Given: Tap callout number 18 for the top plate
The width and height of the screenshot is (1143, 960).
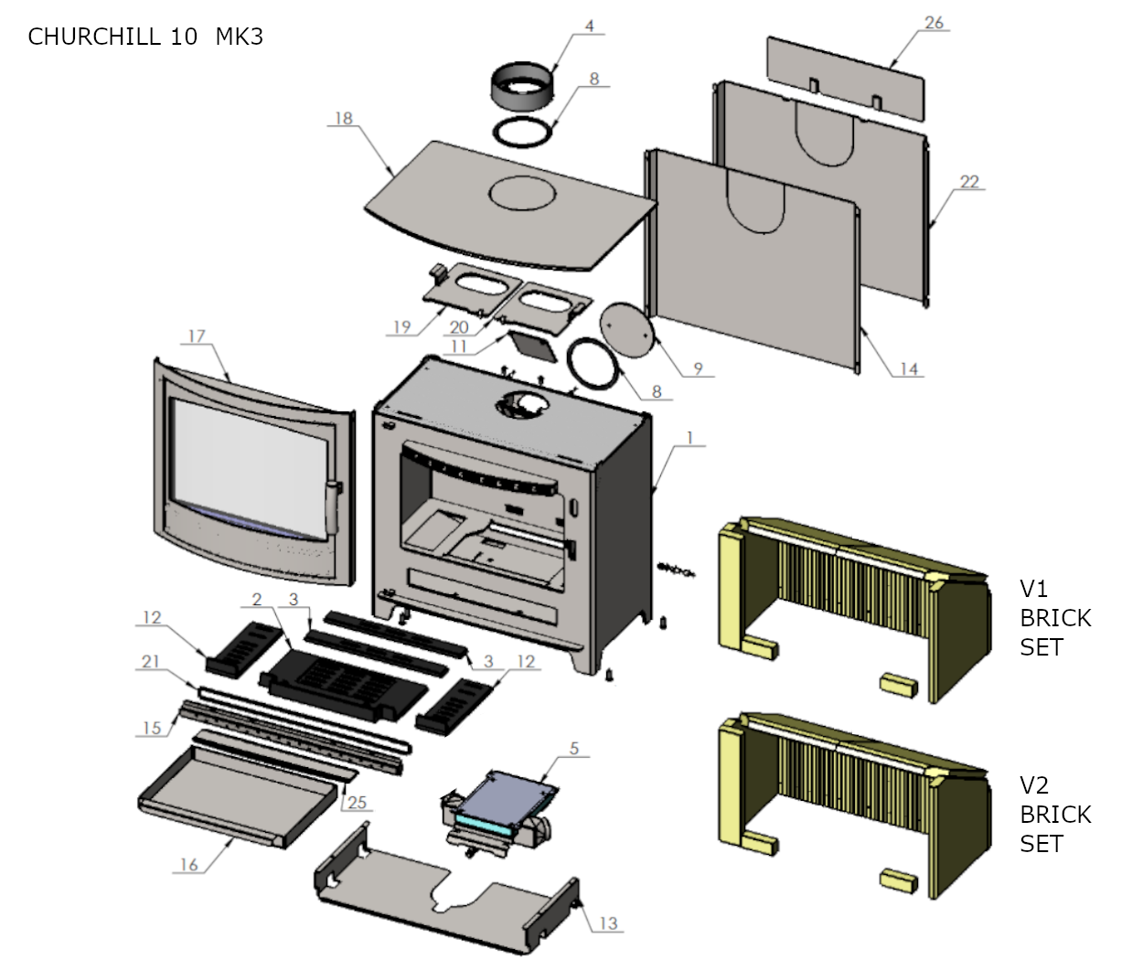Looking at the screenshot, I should tap(344, 118).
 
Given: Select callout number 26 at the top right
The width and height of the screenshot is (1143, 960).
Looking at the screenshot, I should tap(934, 23).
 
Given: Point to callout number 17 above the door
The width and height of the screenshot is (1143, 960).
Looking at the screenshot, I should tap(198, 336).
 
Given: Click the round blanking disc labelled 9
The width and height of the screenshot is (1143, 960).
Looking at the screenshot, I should tap(626, 330).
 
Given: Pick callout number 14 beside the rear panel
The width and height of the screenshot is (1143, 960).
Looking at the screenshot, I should tap(909, 368).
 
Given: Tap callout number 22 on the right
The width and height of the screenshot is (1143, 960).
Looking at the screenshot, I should tap(969, 182).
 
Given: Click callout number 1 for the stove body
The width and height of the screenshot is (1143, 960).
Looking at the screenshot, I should tap(690, 438).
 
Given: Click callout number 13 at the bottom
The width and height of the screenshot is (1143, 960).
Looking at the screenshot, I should tap(609, 923).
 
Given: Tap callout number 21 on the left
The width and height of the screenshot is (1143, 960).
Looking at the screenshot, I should tap(151, 661).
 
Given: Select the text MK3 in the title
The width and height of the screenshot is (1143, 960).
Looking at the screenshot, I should tap(240, 37).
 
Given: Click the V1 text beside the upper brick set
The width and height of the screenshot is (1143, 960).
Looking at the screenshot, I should tap(1033, 589).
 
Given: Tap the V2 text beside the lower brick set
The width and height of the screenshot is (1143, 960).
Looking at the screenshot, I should tap(1034, 785).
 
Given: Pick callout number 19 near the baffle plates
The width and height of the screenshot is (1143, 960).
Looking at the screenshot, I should tap(402, 326).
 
